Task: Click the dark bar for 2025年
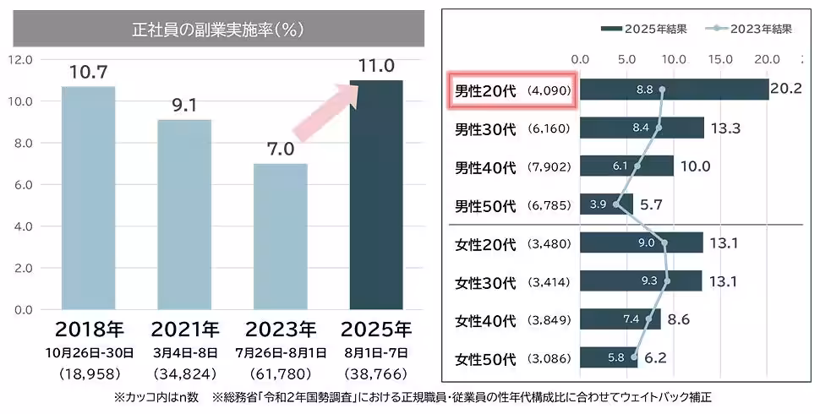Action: click(376, 194)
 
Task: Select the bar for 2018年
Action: click(89, 198)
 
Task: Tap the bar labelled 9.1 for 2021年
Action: click(184, 215)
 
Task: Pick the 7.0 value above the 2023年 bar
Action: click(281, 150)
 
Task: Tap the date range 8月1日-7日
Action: click(376, 351)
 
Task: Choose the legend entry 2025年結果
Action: click(644, 28)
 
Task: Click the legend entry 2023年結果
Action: click(751, 28)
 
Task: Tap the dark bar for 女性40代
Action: click(620, 320)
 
